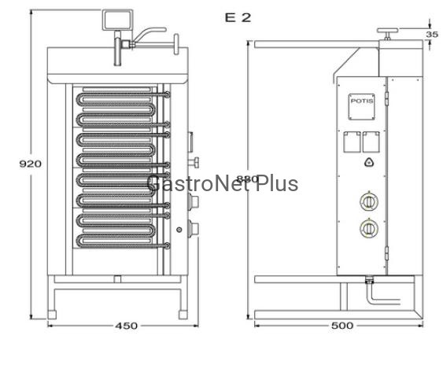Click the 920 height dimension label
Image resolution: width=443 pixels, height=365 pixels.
(x=30, y=164)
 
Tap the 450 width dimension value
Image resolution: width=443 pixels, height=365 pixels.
(x=126, y=326)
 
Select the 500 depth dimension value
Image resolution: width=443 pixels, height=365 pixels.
(x=342, y=326)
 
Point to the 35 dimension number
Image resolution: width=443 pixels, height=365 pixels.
(x=432, y=35)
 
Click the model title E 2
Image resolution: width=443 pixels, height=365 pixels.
(x=238, y=18)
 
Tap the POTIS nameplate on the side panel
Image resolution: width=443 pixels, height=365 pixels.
(x=362, y=107)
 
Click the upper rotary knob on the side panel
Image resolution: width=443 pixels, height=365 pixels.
(x=369, y=201)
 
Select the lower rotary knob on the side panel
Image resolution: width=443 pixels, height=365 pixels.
(x=369, y=227)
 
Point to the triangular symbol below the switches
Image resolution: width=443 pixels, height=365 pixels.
(x=369, y=162)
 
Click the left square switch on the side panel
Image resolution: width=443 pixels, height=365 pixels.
(x=352, y=142)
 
